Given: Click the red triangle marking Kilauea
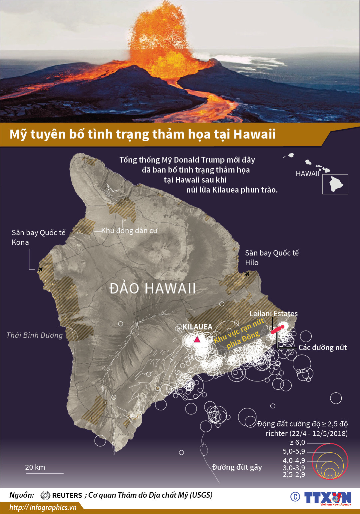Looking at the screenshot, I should (x=197, y=339).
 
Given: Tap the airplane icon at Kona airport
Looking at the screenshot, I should (x=40, y=269).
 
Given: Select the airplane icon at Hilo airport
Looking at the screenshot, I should (x=247, y=274).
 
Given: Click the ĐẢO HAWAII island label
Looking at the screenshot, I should (x=153, y=288).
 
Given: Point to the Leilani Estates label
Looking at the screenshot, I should (x=273, y=313).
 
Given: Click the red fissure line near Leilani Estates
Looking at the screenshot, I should (x=278, y=329).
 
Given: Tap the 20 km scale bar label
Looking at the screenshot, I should (x=35, y=467).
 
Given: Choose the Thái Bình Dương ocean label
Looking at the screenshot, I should (x=35, y=335).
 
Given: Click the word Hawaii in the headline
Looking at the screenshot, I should (x=254, y=134).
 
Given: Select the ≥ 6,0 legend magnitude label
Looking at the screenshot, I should (x=297, y=442).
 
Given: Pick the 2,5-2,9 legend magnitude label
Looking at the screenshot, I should (x=294, y=474).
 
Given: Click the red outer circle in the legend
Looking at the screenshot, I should (x=347, y=461).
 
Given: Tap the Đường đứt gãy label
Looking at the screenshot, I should (x=237, y=467).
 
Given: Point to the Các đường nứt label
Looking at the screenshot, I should (x=322, y=347).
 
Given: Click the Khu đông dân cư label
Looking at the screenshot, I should (x=129, y=231).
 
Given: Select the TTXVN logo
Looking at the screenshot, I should (x=327, y=498).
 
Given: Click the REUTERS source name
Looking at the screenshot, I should (x=67, y=495).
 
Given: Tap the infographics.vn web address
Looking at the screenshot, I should (x=43, y=507).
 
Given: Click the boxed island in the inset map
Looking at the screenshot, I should (x=335, y=184).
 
